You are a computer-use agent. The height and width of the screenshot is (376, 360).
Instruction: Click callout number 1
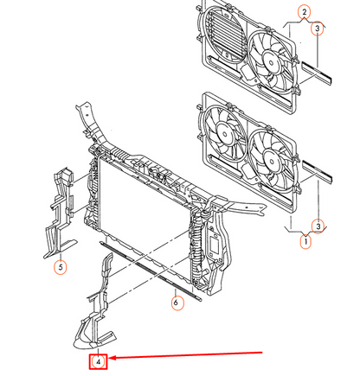[x=305, y=242]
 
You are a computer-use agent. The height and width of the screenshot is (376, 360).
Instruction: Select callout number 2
[x=304, y=12]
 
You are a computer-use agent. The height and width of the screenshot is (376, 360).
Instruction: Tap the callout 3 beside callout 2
[x=317, y=29]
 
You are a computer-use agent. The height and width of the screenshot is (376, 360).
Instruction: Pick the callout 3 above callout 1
[x=318, y=226]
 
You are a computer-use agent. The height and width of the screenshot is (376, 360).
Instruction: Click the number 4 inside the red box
[x=98, y=362]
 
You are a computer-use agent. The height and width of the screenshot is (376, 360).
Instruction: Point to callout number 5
[x=61, y=267]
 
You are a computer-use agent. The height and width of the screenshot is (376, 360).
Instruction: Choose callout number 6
[x=177, y=303]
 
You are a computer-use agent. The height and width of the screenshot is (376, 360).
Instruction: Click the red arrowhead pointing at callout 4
[x=112, y=358]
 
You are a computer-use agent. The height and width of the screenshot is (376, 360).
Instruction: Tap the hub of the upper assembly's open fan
[x=271, y=62]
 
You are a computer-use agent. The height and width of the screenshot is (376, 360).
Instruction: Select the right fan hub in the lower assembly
[x=271, y=162]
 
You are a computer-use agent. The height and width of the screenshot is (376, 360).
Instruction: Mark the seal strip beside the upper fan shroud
[x=317, y=72]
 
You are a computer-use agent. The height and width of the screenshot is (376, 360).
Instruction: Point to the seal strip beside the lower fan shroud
[x=317, y=172]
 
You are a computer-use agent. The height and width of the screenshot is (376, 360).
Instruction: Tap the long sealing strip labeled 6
[x=151, y=271]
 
